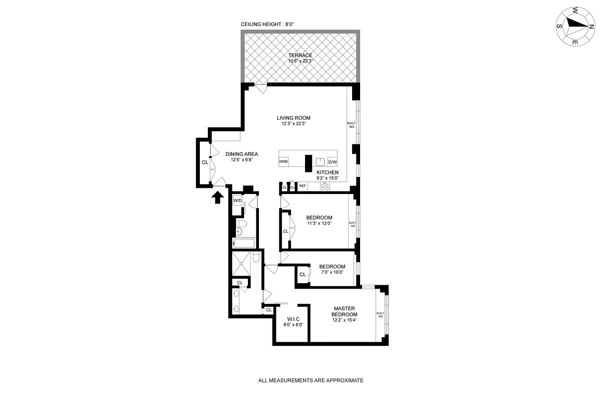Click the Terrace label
(x=300, y=55)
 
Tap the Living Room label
(x=293, y=118)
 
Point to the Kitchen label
(x=328, y=172)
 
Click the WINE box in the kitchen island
(x=284, y=162)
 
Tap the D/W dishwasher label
(x=333, y=162)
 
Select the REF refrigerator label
(x=302, y=186)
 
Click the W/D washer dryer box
(x=237, y=200)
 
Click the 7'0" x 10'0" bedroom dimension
(x=332, y=273)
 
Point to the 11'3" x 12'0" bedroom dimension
(x=320, y=224)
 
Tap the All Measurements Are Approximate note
(x=311, y=380)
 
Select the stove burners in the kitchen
(x=325, y=186)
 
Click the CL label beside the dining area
(x=205, y=162)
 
